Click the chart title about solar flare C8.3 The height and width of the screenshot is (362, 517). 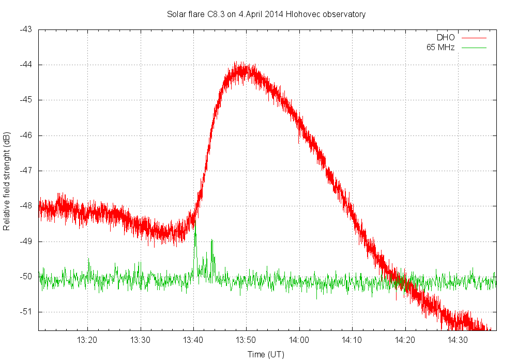266,14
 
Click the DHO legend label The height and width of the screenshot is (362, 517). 446,38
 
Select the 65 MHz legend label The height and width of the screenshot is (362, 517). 440,48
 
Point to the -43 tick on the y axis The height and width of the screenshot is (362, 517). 26,29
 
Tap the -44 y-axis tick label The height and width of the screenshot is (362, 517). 26,65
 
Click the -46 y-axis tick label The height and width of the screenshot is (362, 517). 26,135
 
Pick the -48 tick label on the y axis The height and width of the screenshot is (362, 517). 26,206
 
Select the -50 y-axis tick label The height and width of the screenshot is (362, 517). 26,276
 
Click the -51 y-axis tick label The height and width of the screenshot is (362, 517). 26,311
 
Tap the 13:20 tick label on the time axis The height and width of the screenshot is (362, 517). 87,340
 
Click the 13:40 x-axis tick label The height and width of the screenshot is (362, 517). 193,340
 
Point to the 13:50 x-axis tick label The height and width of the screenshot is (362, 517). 246,340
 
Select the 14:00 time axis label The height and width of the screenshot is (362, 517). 299,340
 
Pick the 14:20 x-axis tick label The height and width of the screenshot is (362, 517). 405,340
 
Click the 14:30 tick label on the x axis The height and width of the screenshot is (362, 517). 458,340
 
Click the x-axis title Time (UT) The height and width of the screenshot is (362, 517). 265,354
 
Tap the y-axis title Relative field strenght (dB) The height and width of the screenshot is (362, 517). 7,181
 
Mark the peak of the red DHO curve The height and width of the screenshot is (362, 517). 239,65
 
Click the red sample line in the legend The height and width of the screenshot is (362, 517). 474,38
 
